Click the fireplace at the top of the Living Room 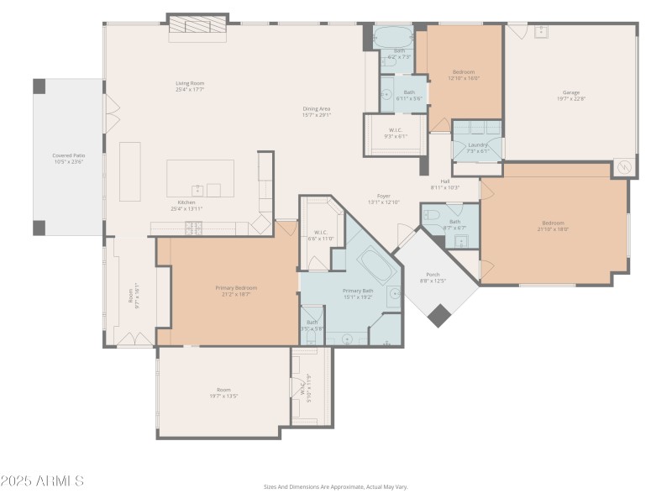click(x=198, y=27)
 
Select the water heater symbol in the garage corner click(x=624, y=167)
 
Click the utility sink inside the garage click(x=542, y=31)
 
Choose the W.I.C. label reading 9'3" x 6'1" click(x=395, y=133)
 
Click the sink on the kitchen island click(x=197, y=189)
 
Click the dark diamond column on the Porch click(x=438, y=315)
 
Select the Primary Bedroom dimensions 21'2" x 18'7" click(x=235, y=295)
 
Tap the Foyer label click(x=384, y=196)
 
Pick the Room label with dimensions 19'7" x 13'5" click(x=223, y=392)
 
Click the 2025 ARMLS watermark click(x=42, y=481)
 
